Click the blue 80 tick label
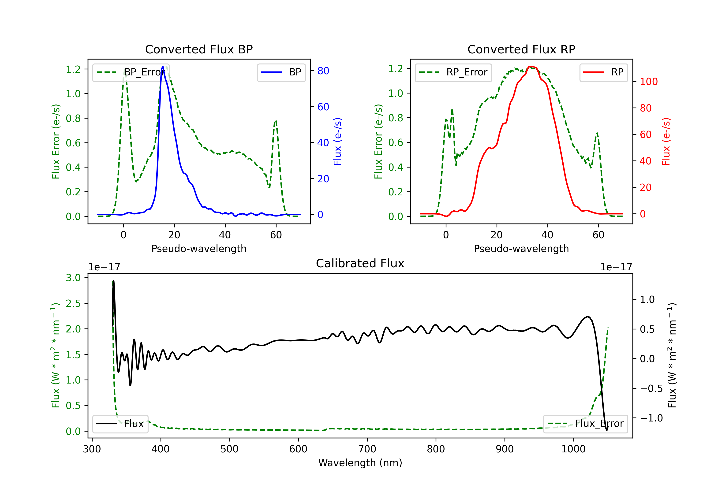click(x=323, y=71)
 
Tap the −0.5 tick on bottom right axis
click(x=651, y=388)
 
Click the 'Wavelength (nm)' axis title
click(x=360, y=463)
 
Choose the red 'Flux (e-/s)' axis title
click(x=666, y=142)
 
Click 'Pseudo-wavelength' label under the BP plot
click(x=199, y=249)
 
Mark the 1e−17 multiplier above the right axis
click(x=616, y=267)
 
